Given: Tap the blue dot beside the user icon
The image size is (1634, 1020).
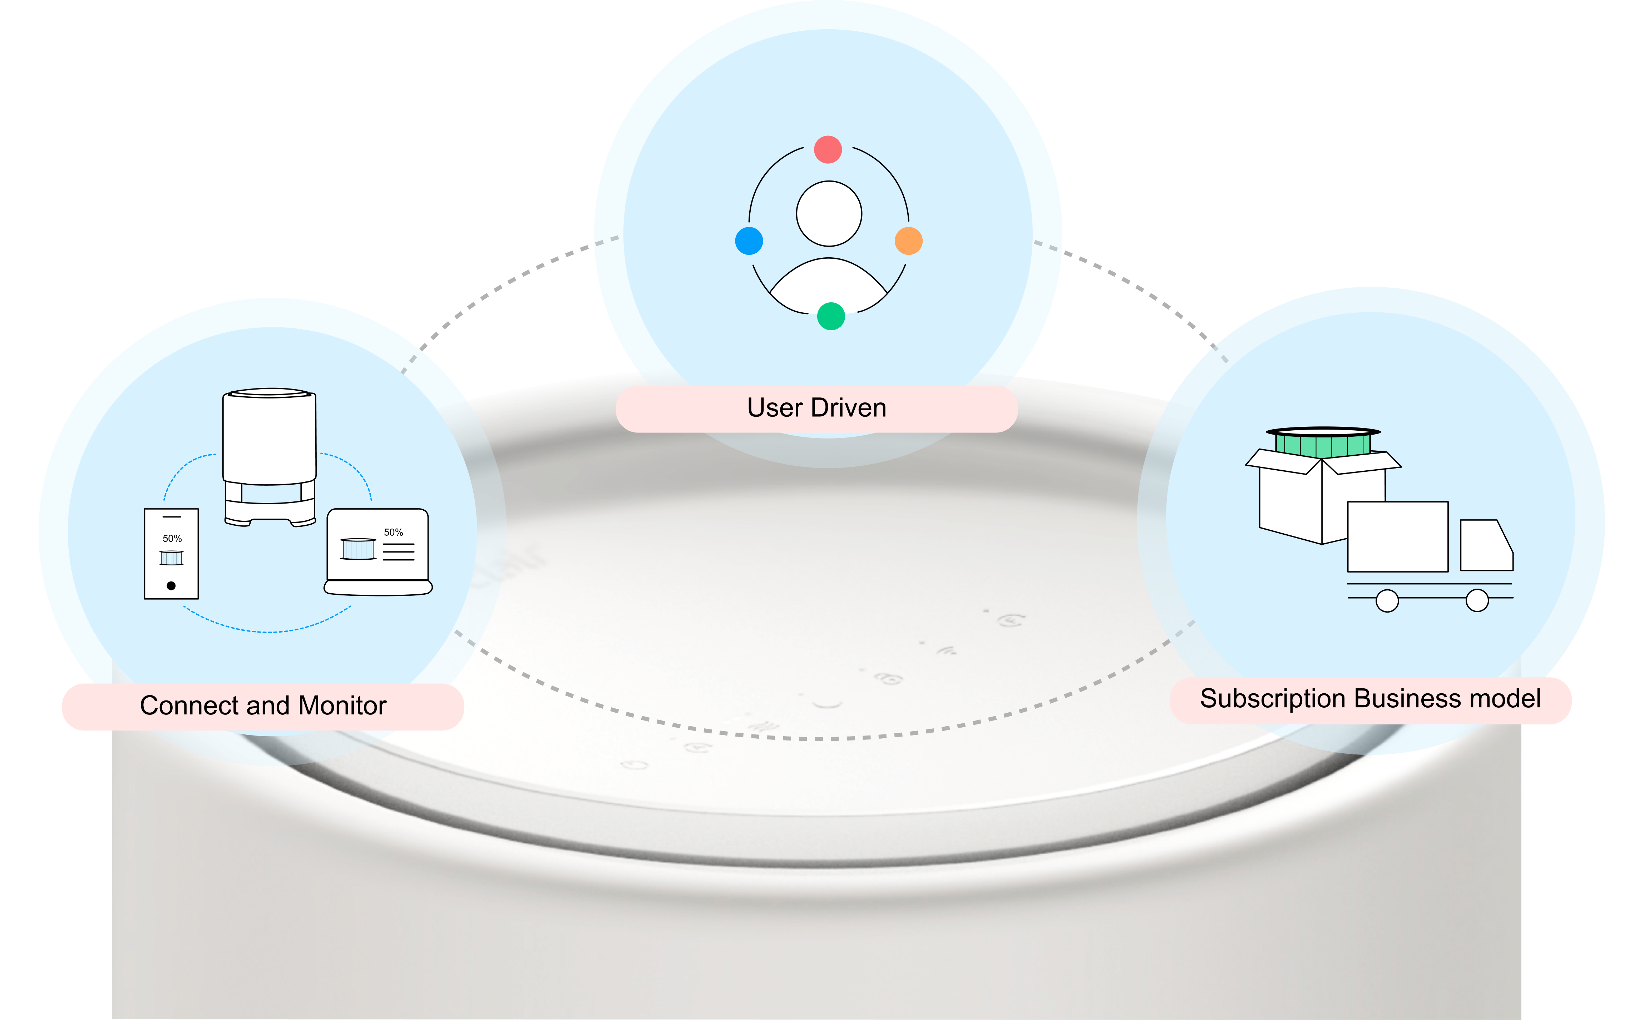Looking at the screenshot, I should click(x=749, y=241).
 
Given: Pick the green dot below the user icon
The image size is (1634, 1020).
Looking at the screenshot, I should click(x=830, y=316).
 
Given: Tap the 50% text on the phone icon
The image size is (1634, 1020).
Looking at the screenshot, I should click(x=172, y=538).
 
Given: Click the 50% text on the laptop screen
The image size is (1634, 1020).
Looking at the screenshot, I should click(x=393, y=532).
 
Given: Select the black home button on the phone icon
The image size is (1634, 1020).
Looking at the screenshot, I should click(x=171, y=585).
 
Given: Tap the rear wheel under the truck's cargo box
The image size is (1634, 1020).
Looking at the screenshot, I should click(x=1387, y=600).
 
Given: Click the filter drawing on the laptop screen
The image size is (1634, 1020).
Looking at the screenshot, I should click(x=357, y=549).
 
